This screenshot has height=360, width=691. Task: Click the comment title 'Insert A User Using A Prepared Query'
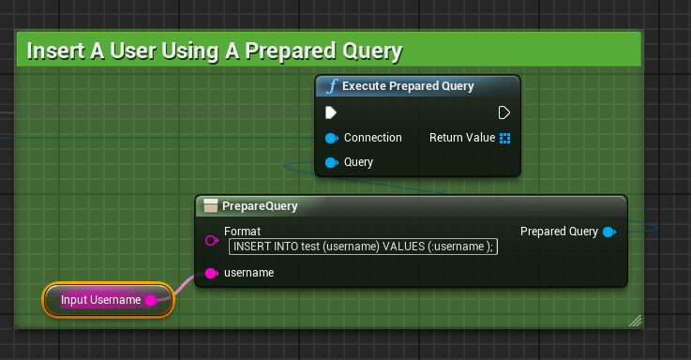click(x=214, y=50)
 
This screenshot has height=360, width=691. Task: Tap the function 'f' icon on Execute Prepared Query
click(x=331, y=86)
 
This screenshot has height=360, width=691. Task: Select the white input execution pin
click(x=331, y=112)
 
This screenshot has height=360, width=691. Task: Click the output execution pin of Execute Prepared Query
click(x=504, y=112)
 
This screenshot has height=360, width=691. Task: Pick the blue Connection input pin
click(x=331, y=138)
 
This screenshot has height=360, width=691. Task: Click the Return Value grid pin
click(x=504, y=138)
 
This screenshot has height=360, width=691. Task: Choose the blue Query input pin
click(x=331, y=162)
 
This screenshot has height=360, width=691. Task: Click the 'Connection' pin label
click(x=372, y=138)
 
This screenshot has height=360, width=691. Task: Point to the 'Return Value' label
click(x=461, y=138)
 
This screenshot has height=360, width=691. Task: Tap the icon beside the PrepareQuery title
click(x=211, y=206)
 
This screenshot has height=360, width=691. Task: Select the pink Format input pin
click(x=211, y=241)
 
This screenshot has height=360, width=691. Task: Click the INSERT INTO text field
click(x=363, y=247)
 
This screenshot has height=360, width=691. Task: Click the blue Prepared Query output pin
click(x=609, y=232)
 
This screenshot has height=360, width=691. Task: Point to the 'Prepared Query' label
click(x=559, y=232)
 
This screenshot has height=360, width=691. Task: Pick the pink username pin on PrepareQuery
click(x=211, y=273)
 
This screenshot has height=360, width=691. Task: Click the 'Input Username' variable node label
click(x=100, y=300)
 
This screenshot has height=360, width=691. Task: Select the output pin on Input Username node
click(x=151, y=300)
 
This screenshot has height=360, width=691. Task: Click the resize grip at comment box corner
click(x=635, y=321)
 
